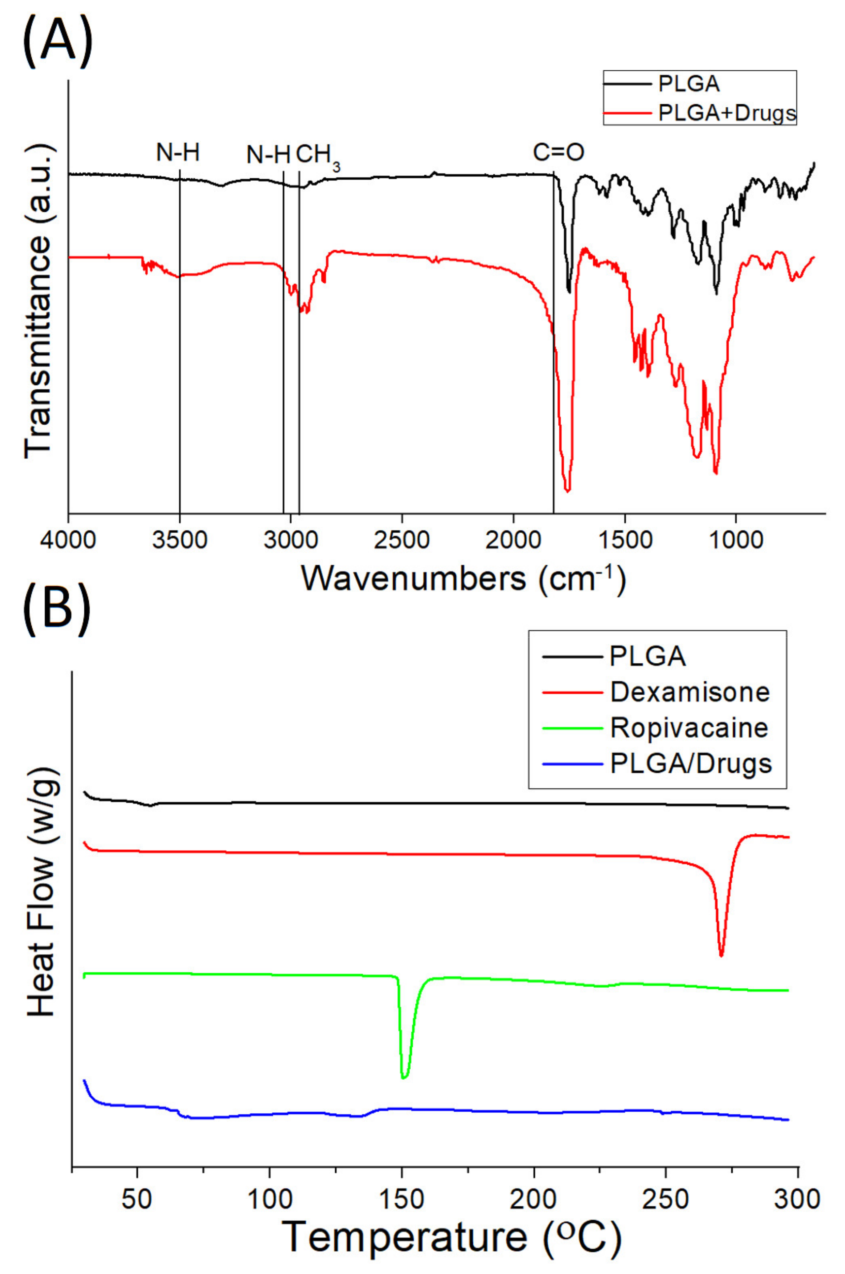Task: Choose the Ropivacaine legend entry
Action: pyautogui.click(x=689, y=728)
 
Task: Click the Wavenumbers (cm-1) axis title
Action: pyautogui.click(x=464, y=579)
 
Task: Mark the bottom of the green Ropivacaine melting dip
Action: pyautogui.click(x=404, y=1077)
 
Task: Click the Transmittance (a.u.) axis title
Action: pyautogui.click(x=38, y=302)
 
